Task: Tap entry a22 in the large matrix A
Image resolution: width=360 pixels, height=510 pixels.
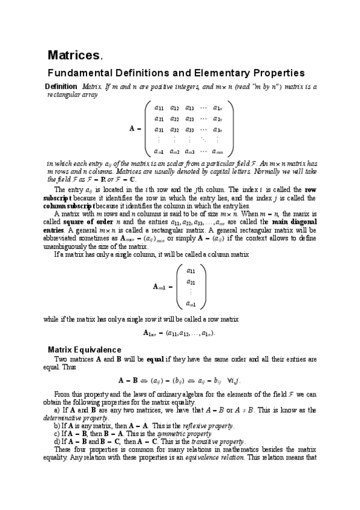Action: (x=175, y=118)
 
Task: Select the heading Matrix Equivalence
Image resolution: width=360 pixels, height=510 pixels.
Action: (x=84, y=349)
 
